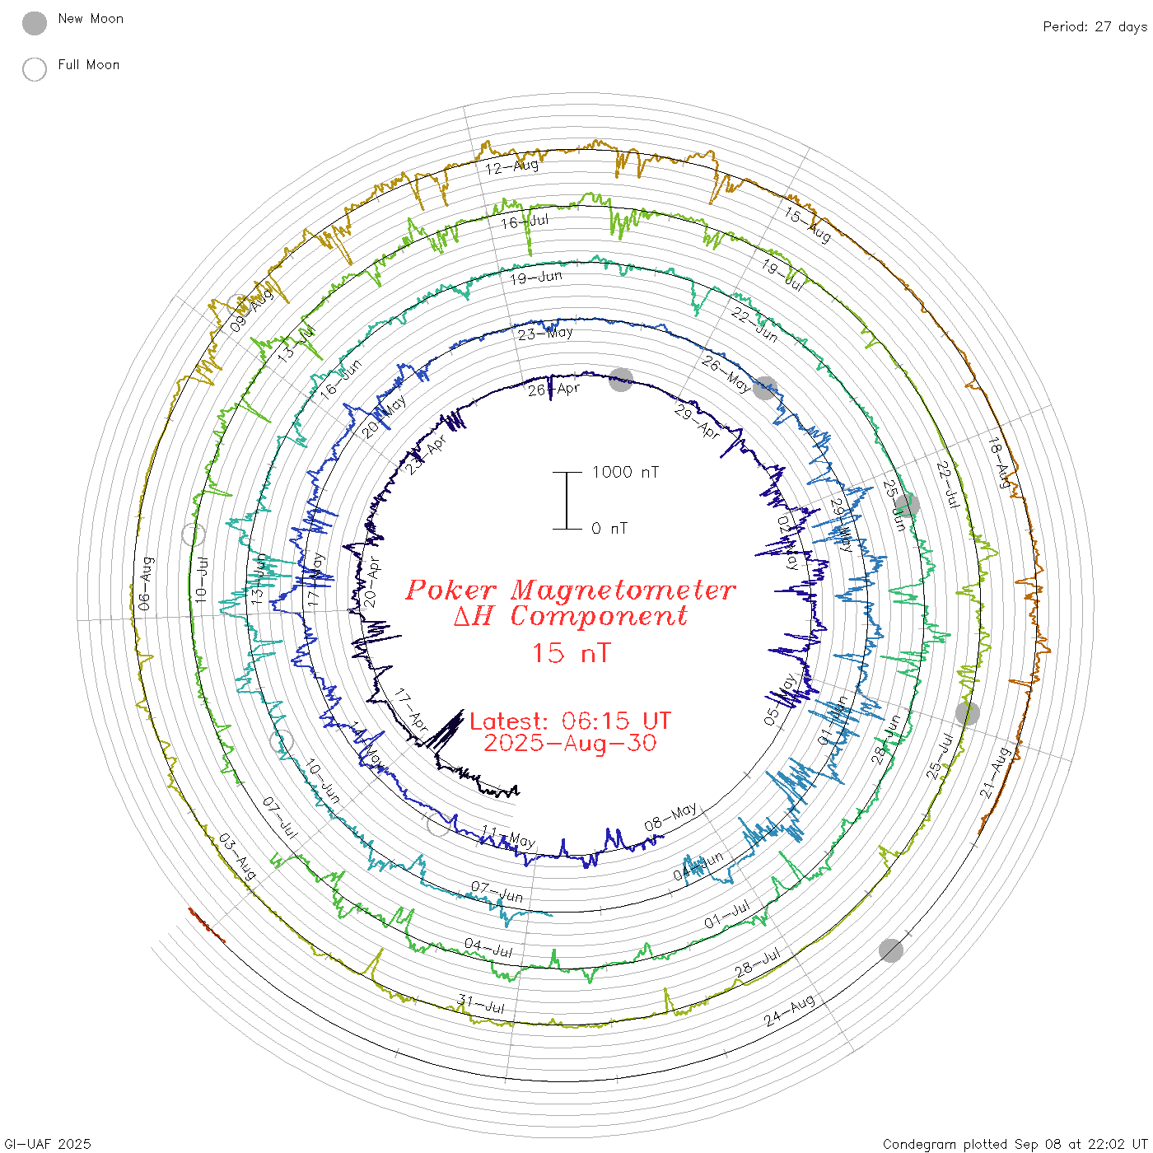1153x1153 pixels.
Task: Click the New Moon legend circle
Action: click(35, 24)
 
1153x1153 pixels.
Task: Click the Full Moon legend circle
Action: click(35, 69)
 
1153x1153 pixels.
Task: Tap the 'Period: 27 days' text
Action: click(1095, 27)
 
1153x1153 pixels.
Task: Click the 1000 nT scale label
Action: click(625, 472)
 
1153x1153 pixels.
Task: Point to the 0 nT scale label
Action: click(609, 529)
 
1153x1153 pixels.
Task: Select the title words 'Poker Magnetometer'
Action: click(570, 590)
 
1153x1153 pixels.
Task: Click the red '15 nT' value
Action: click(570, 653)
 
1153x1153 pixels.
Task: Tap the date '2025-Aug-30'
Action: click(570, 744)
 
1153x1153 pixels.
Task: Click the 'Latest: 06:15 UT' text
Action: click(570, 721)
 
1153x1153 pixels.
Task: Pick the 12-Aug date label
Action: click(511, 167)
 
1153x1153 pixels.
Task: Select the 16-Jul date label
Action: click(525, 222)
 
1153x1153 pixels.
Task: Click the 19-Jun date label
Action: click(535, 278)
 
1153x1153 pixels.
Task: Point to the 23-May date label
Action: click(545, 334)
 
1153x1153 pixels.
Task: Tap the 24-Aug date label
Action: click(789, 1011)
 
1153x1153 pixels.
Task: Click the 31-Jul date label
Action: click(481, 1005)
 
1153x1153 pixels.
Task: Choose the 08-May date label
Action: click(670, 817)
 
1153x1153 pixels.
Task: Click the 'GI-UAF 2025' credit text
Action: click(47, 1144)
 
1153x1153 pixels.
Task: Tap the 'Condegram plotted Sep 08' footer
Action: click(1015, 1144)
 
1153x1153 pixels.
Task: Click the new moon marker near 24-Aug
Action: click(890, 950)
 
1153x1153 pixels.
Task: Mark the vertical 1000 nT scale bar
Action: click(567, 500)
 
